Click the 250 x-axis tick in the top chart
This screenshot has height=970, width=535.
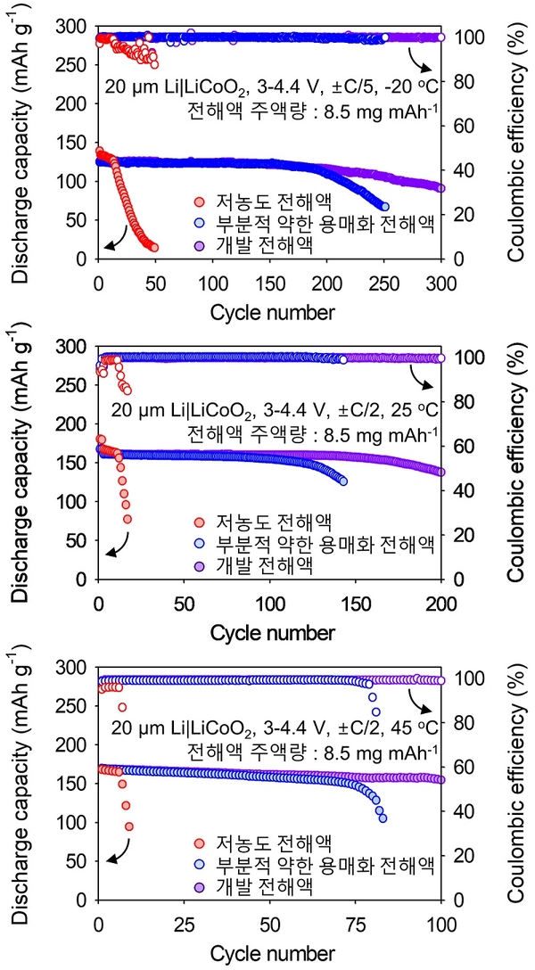tap(385, 283)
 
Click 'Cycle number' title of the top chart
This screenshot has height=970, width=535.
tap(273, 312)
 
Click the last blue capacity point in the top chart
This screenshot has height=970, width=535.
tap(384, 206)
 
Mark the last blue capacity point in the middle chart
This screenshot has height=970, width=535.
tap(343, 481)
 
